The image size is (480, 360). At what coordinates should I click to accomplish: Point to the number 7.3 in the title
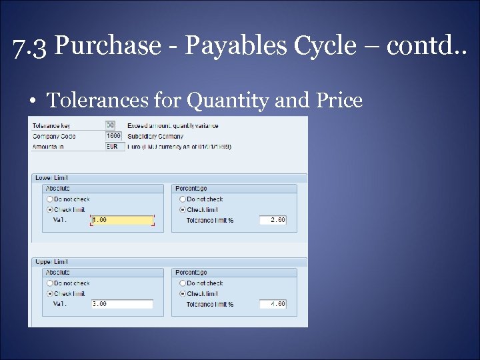31,46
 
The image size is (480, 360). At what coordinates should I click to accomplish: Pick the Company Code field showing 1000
113,136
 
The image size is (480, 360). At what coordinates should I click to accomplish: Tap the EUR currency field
113,146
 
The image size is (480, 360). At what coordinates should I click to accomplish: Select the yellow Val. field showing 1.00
122,220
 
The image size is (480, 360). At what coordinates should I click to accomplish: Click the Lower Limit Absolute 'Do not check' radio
49,199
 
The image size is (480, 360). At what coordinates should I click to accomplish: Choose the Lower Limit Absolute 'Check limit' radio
49,209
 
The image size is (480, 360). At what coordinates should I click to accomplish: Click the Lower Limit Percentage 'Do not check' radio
182,199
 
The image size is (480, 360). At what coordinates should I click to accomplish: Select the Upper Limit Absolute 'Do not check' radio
49,283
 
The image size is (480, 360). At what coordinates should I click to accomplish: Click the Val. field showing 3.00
122,304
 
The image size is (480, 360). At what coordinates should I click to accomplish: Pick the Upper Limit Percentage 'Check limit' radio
182,293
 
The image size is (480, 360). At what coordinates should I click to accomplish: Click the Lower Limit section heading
51,178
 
